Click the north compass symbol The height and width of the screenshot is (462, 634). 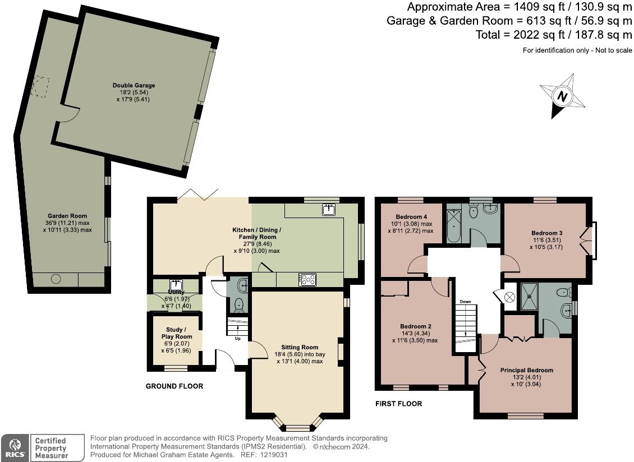pyautogui.click(x=562, y=96)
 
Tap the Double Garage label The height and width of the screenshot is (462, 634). pyautogui.click(x=134, y=86)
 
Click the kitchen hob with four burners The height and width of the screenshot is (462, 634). pyautogui.click(x=308, y=279)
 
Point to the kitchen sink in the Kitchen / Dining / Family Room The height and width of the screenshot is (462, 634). pyautogui.click(x=329, y=210)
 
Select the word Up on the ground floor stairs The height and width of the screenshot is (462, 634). pyautogui.click(x=238, y=339)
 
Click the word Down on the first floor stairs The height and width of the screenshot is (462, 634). pyautogui.click(x=465, y=302)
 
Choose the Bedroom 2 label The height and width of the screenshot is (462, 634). pyautogui.click(x=415, y=326)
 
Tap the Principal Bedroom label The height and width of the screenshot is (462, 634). pyautogui.click(x=526, y=370)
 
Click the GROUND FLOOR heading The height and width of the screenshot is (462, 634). pyautogui.click(x=174, y=386)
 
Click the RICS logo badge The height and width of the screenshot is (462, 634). pyautogui.click(x=13, y=447)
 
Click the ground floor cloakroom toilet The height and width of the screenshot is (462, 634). pyautogui.click(x=238, y=304)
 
